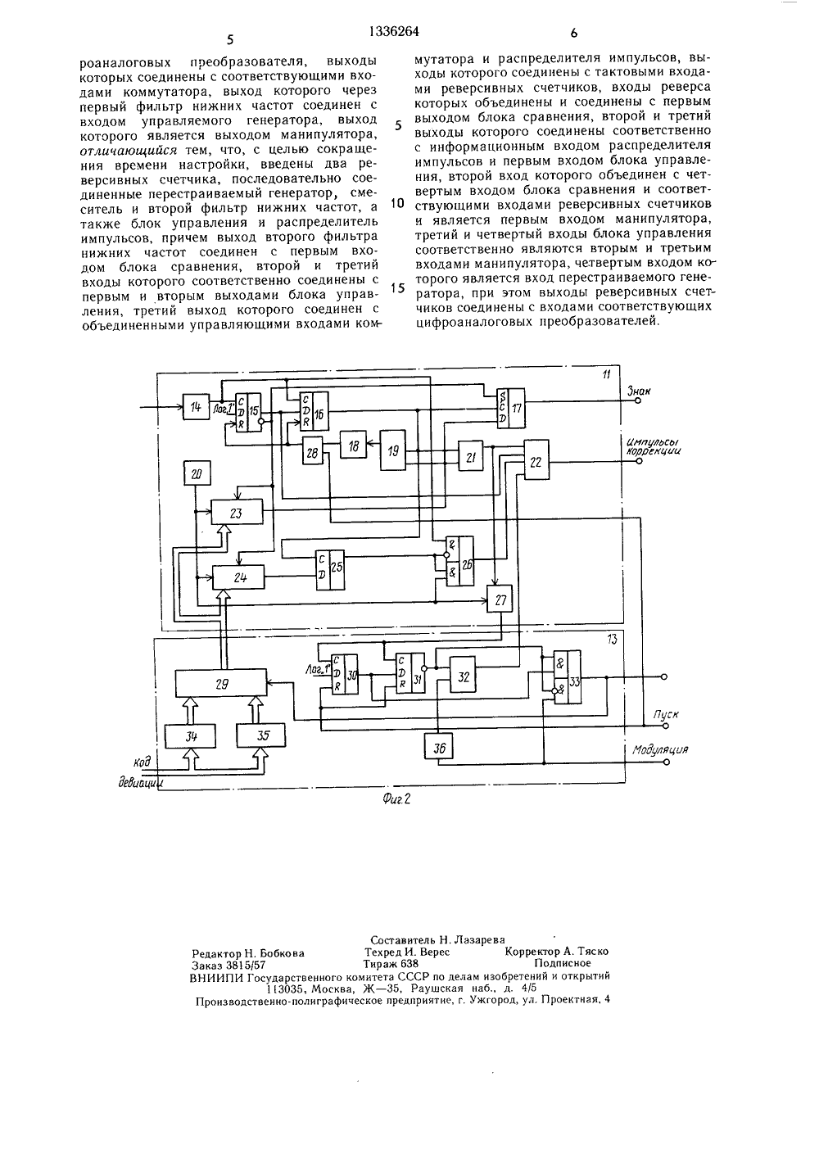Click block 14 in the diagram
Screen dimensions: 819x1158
coord(196,406)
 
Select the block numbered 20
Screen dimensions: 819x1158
coord(197,474)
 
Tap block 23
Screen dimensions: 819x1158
coord(237,513)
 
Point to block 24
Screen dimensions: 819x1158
coord(238,577)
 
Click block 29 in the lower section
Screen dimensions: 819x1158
coord(221,684)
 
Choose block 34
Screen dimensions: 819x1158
coord(191,735)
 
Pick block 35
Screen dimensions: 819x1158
coord(261,735)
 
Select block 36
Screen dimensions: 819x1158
coord(438,747)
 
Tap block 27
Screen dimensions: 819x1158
coord(500,599)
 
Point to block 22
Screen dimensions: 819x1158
coord(536,459)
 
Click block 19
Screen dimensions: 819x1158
coord(393,450)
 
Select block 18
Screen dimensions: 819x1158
coord(353,446)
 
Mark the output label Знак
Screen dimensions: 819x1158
coord(639,391)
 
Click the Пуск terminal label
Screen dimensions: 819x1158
coord(666,715)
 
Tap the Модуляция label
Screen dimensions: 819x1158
coord(660,749)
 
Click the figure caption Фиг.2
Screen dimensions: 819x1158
coord(396,799)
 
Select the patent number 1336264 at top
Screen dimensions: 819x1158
coord(395,32)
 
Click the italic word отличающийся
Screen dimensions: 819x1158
coord(129,151)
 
